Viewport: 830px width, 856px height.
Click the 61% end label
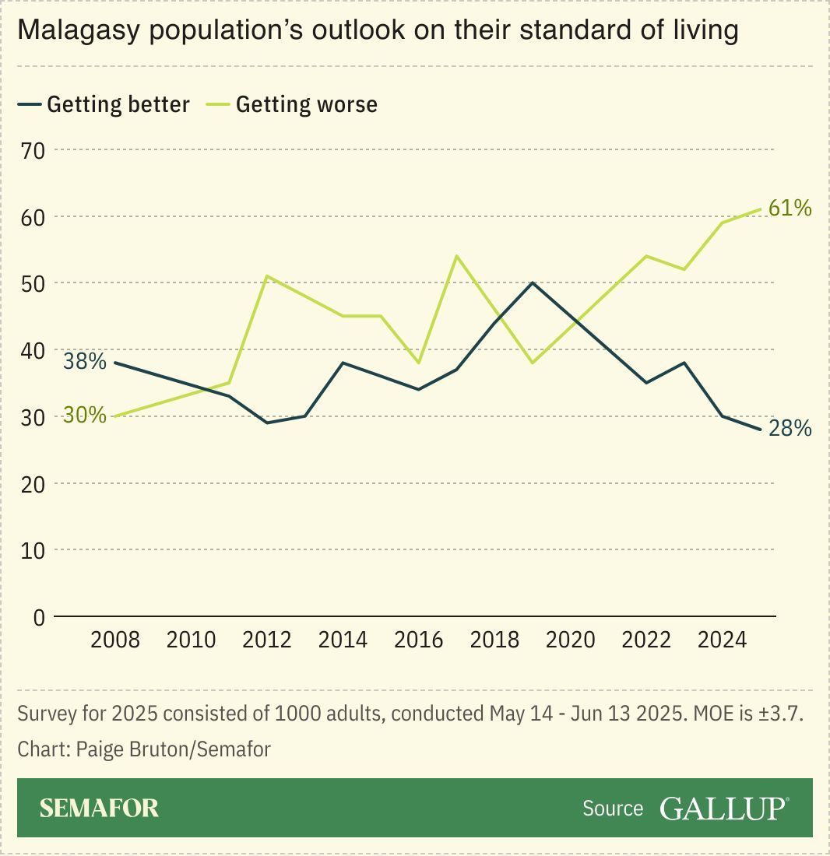(x=790, y=208)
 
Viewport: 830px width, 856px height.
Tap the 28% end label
(x=790, y=428)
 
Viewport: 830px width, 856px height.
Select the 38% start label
(x=84, y=361)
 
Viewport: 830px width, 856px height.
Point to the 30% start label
(x=84, y=415)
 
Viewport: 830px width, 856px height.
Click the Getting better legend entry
(x=118, y=104)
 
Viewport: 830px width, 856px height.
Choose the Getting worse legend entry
(x=306, y=104)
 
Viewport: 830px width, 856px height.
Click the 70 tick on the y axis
(x=34, y=149)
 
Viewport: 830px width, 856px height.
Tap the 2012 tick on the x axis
(x=267, y=640)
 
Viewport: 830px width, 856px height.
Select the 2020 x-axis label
(x=571, y=640)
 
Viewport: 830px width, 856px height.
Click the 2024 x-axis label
(x=723, y=640)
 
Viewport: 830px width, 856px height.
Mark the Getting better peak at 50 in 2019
(x=533, y=282)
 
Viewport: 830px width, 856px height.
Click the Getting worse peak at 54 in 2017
(x=456, y=256)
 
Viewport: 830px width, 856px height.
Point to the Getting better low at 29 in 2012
(x=267, y=423)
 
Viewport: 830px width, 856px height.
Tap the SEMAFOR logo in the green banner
(x=99, y=808)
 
